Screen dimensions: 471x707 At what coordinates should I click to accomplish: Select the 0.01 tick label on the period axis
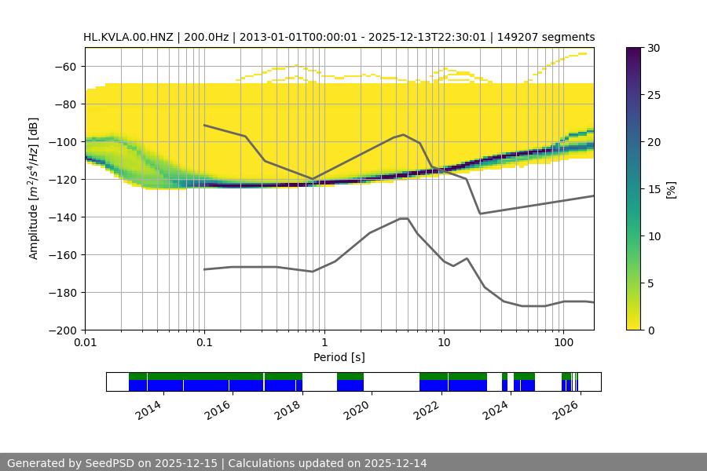85,342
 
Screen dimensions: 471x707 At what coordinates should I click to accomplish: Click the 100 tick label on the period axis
562,342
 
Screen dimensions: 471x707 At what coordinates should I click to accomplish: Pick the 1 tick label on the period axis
324,342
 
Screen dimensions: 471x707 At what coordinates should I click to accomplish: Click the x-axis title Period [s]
339,357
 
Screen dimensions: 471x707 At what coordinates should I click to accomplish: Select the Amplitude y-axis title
34,188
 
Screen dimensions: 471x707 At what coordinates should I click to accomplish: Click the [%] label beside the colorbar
670,189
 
